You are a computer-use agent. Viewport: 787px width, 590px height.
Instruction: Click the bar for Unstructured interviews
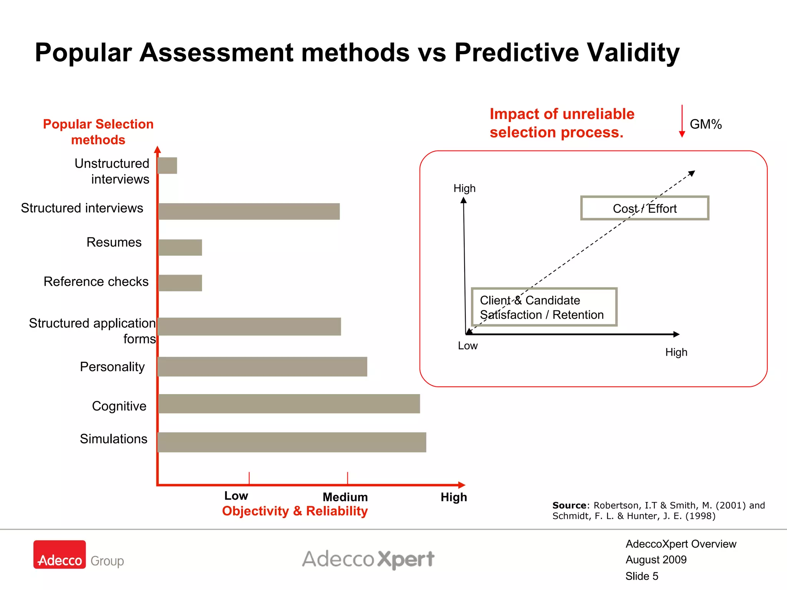pyautogui.click(x=168, y=166)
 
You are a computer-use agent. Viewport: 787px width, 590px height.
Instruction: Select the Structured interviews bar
pyautogui.click(x=249, y=211)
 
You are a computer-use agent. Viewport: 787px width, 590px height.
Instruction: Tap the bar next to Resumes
pyautogui.click(x=180, y=247)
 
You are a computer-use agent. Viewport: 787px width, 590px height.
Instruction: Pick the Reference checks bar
pyautogui.click(x=180, y=283)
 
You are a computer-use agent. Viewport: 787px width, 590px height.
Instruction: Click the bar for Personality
pyautogui.click(x=262, y=366)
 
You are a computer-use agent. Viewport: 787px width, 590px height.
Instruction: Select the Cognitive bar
pyautogui.click(x=289, y=404)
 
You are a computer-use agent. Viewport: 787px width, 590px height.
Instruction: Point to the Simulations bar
pyautogui.click(x=292, y=442)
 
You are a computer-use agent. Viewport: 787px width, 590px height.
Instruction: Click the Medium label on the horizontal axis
pyautogui.click(x=345, y=497)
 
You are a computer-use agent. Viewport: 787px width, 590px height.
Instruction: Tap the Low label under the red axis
pyautogui.click(x=236, y=496)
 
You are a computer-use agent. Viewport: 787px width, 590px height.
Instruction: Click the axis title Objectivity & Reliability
pyautogui.click(x=295, y=511)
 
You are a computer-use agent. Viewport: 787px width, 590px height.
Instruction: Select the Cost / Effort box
pyautogui.click(x=644, y=208)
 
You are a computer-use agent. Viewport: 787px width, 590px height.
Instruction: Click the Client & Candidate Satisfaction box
pyautogui.click(x=544, y=307)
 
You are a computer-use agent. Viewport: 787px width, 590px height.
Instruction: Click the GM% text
pyautogui.click(x=706, y=124)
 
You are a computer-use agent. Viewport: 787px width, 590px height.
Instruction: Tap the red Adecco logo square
pyautogui.click(x=60, y=554)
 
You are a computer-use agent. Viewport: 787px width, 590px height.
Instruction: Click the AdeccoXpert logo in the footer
pyautogui.click(x=368, y=559)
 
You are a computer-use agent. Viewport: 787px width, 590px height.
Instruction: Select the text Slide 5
pyautogui.click(x=641, y=576)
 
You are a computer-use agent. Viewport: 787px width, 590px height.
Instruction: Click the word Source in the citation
pyautogui.click(x=569, y=505)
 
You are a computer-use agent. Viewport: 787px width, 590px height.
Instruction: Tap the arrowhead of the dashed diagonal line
pyautogui.click(x=692, y=173)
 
